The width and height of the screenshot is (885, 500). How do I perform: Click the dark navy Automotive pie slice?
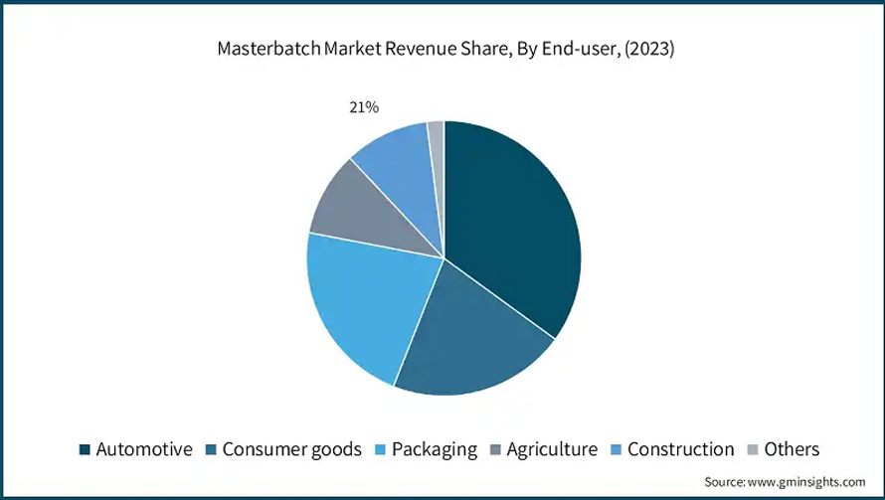(512, 229)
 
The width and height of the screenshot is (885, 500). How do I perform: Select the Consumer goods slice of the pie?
(467, 338)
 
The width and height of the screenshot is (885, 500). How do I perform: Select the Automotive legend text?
(143, 449)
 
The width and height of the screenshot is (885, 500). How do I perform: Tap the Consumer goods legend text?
(290, 449)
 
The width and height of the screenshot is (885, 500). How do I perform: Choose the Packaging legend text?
(435, 449)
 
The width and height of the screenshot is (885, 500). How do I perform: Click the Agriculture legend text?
(552, 449)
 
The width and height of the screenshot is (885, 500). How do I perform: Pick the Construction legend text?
(681, 449)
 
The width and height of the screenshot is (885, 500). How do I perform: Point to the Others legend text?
(793, 449)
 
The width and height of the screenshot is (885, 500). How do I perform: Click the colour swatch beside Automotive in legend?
(85, 450)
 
